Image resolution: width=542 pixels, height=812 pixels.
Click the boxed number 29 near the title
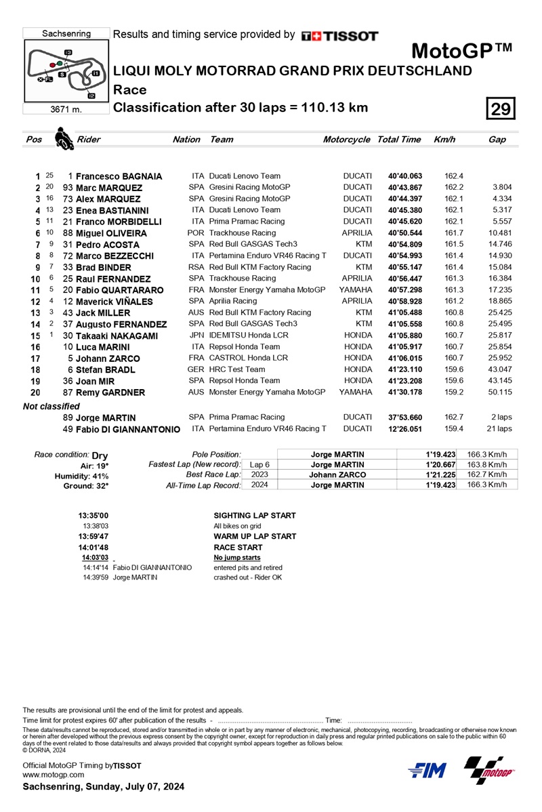point(501,109)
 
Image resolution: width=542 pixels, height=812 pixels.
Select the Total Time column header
point(400,140)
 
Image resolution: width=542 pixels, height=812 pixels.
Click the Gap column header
point(497,140)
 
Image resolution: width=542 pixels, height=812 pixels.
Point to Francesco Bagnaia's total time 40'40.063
point(404,176)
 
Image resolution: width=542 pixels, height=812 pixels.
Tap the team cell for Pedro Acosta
point(253,244)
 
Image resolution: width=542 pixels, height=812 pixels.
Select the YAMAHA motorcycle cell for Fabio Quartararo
point(356,289)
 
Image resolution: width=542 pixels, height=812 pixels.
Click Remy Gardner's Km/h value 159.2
point(444,392)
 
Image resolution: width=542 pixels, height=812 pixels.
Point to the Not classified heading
point(51,405)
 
